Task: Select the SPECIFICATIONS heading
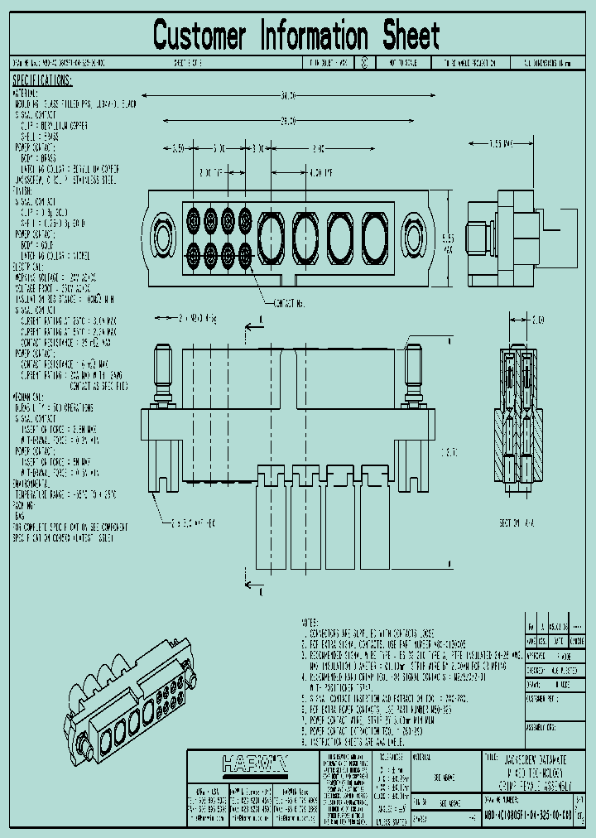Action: pyautogui.click(x=42, y=81)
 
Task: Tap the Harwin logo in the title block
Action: pyautogui.click(x=255, y=763)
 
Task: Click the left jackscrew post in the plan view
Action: pyautogui.click(x=162, y=372)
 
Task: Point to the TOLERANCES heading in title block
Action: pyautogui.click(x=391, y=756)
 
